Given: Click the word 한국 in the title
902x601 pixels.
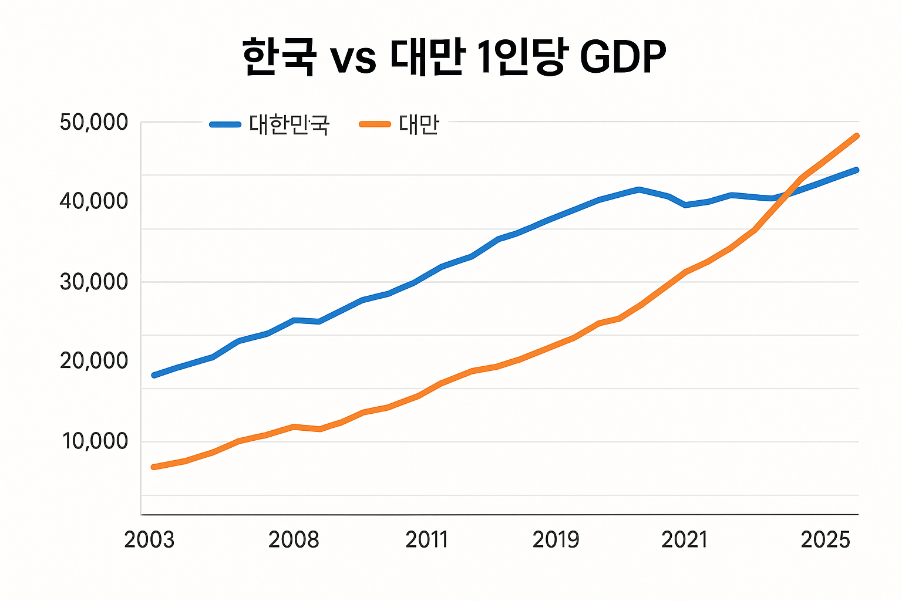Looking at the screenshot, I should click(279, 56).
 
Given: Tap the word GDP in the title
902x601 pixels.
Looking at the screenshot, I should click(623, 57).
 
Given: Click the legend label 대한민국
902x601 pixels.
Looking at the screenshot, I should click(289, 124).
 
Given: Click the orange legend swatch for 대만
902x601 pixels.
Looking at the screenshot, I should click(375, 124).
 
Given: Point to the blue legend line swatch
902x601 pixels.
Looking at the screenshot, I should click(225, 124).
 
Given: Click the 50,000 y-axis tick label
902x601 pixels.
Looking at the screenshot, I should click(93, 122).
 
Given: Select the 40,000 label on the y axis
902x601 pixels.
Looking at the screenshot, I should click(93, 201).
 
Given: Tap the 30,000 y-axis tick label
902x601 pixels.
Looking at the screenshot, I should click(93, 282).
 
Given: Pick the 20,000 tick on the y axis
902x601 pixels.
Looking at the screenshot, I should click(93, 361).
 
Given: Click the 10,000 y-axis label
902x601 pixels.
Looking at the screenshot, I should click(95, 441).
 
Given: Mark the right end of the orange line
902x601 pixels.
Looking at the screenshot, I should click(857, 136).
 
